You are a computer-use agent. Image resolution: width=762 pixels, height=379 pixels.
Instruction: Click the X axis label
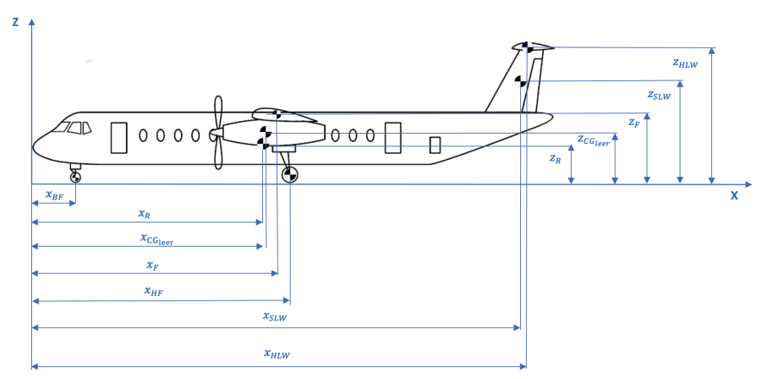coord(734,195)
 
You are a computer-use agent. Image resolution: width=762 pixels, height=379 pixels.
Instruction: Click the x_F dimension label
coord(152,266)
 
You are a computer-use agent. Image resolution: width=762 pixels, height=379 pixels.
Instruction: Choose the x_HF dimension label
coord(154,292)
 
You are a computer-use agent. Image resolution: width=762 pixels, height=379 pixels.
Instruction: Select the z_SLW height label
coord(659,96)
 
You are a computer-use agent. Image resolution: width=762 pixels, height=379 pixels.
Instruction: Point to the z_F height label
coord(633,123)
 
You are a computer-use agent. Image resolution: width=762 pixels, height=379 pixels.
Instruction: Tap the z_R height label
coord(555,158)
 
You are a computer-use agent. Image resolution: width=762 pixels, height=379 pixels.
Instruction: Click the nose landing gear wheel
coord(75,176)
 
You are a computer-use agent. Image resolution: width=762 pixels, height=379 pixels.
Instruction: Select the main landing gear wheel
coord(289,174)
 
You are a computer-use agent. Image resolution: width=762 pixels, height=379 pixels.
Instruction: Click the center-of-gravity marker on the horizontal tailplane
coord(526,47)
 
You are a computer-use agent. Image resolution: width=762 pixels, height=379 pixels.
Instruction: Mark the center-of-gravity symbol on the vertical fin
coord(520,81)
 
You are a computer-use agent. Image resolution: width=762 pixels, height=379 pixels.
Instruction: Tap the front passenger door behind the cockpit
coord(118,137)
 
